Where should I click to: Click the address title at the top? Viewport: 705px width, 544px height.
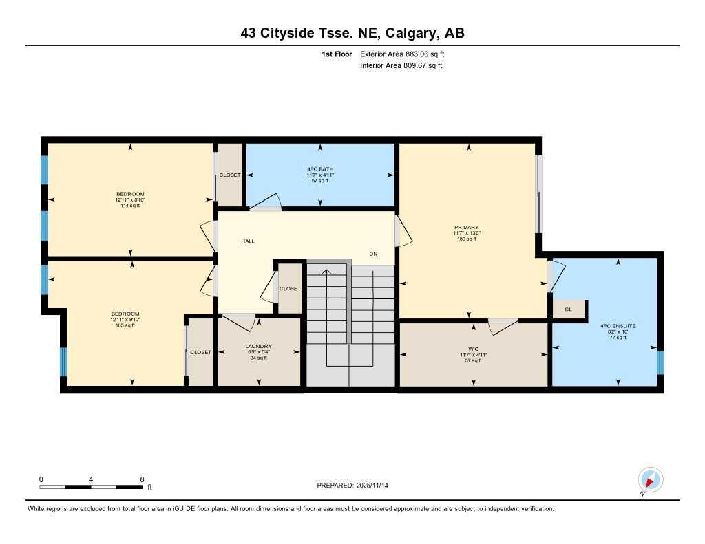[x=352, y=33]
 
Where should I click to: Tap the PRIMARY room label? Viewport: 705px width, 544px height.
[x=466, y=228]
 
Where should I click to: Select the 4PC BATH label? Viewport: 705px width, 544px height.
[x=320, y=169]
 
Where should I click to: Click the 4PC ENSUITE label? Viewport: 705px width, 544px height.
[x=618, y=325]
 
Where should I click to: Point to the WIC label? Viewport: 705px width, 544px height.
[x=474, y=349]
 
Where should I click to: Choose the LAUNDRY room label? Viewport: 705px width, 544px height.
[x=258, y=347]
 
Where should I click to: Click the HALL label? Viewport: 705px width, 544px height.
[x=248, y=241]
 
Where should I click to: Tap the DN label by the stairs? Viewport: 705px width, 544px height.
[x=373, y=254]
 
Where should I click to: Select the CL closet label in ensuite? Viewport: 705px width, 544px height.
[x=568, y=309]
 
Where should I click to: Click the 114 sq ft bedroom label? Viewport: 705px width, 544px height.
[x=130, y=199]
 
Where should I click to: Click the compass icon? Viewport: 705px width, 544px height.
[x=650, y=480]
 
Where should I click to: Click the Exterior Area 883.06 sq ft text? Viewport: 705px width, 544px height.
[x=407, y=54]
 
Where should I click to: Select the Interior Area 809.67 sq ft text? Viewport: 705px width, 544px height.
[x=401, y=66]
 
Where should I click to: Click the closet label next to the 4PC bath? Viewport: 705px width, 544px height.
[x=230, y=175]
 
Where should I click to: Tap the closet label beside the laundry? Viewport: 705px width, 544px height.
[x=200, y=352]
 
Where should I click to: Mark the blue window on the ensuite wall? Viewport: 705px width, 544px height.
[x=660, y=362]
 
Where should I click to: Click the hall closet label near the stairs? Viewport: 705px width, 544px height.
[x=290, y=289]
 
